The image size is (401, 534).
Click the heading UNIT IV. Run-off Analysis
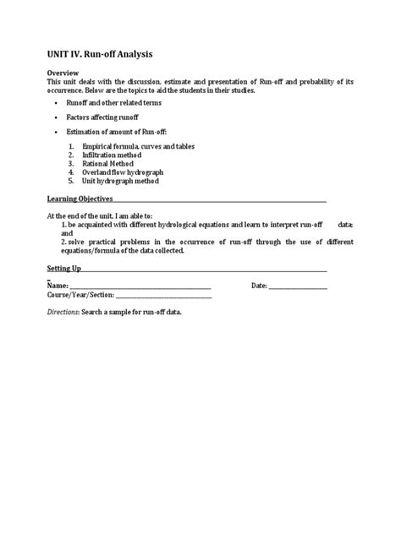pos(100,54)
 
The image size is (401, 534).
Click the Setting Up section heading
pos(63,268)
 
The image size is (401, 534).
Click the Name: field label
pos(58,286)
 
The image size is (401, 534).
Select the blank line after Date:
pos(298,286)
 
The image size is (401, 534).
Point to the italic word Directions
pos(64,313)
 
